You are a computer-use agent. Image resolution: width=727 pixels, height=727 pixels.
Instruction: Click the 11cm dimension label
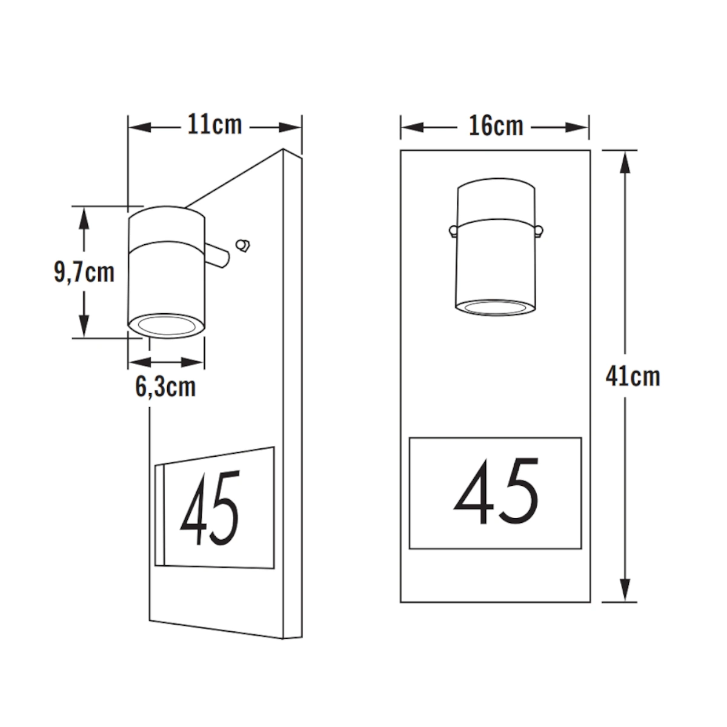pos(214,125)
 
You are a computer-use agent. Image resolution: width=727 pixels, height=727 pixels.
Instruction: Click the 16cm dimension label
pos(496,125)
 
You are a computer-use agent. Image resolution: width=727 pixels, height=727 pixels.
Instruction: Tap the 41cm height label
pos(632,376)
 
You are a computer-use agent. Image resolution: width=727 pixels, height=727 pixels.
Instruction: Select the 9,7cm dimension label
pos(84,272)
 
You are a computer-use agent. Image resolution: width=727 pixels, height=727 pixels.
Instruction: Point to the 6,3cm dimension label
pos(165,387)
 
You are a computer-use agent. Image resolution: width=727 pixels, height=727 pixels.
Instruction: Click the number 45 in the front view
pos(496,491)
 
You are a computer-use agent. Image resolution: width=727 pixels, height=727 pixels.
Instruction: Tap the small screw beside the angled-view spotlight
pos(243,245)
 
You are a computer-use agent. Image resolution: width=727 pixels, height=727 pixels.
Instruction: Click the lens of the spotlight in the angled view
pos(167,325)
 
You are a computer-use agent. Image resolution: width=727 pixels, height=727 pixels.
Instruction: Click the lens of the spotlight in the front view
pos(495,308)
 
